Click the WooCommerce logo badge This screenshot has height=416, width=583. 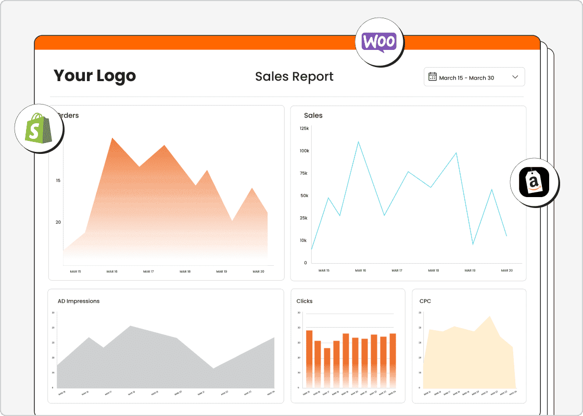click(x=379, y=42)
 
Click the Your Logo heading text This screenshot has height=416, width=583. click(x=94, y=76)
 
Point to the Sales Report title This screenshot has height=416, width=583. click(x=294, y=77)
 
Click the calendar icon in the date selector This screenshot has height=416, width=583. click(x=432, y=77)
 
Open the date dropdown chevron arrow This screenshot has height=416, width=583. click(x=515, y=77)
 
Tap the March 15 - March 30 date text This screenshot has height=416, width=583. click(x=466, y=78)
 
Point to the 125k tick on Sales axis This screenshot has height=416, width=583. click(x=304, y=128)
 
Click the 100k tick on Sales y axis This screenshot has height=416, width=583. click(x=304, y=151)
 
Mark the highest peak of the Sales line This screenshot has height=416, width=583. click(x=358, y=141)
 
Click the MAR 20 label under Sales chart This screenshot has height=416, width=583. click(x=506, y=270)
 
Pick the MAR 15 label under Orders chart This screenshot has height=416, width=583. click(x=75, y=271)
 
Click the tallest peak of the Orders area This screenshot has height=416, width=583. click(x=112, y=139)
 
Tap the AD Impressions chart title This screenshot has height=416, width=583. click(x=79, y=301)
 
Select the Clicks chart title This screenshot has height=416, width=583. click(x=305, y=301)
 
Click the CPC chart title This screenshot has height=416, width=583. click(x=425, y=301)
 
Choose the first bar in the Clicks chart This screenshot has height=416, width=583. click(x=309, y=359)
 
